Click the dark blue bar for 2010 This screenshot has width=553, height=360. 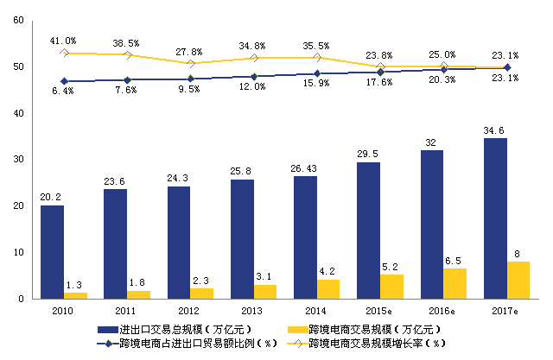click(52, 252)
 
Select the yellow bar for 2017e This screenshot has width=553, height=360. click(518, 280)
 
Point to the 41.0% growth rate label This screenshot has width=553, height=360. click(63, 40)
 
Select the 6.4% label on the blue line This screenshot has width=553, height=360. click(63, 91)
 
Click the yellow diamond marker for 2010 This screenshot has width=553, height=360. click(64, 53)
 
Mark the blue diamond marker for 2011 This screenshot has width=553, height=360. click(127, 79)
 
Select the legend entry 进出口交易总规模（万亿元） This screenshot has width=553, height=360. click(173, 329)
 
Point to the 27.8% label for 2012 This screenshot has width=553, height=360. click(190, 52)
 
